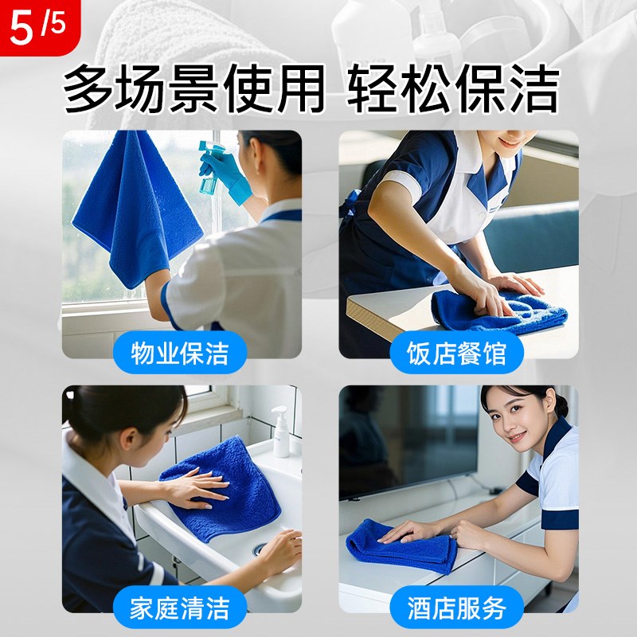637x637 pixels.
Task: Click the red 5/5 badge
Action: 36,25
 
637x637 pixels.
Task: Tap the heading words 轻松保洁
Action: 453,89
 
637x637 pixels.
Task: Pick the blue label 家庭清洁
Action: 180,608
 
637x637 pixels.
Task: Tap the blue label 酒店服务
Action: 456,608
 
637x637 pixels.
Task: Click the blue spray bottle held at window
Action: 209,171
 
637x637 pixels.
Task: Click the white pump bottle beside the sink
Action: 280,433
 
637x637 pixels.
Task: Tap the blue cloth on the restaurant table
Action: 498,309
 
